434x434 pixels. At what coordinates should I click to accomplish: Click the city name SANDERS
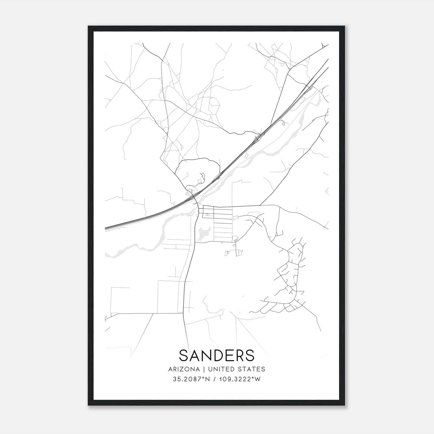click(x=217, y=355)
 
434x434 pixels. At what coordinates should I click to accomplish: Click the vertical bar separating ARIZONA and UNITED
click(x=202, y=369)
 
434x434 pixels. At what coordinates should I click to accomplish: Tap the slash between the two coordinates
click(x=215, y=379)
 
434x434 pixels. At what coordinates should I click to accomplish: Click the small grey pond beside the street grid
click(x=202, y=234)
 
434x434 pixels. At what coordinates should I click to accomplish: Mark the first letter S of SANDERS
click(x=183, y=355)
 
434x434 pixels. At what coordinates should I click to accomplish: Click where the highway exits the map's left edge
click(x=106, y=229)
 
